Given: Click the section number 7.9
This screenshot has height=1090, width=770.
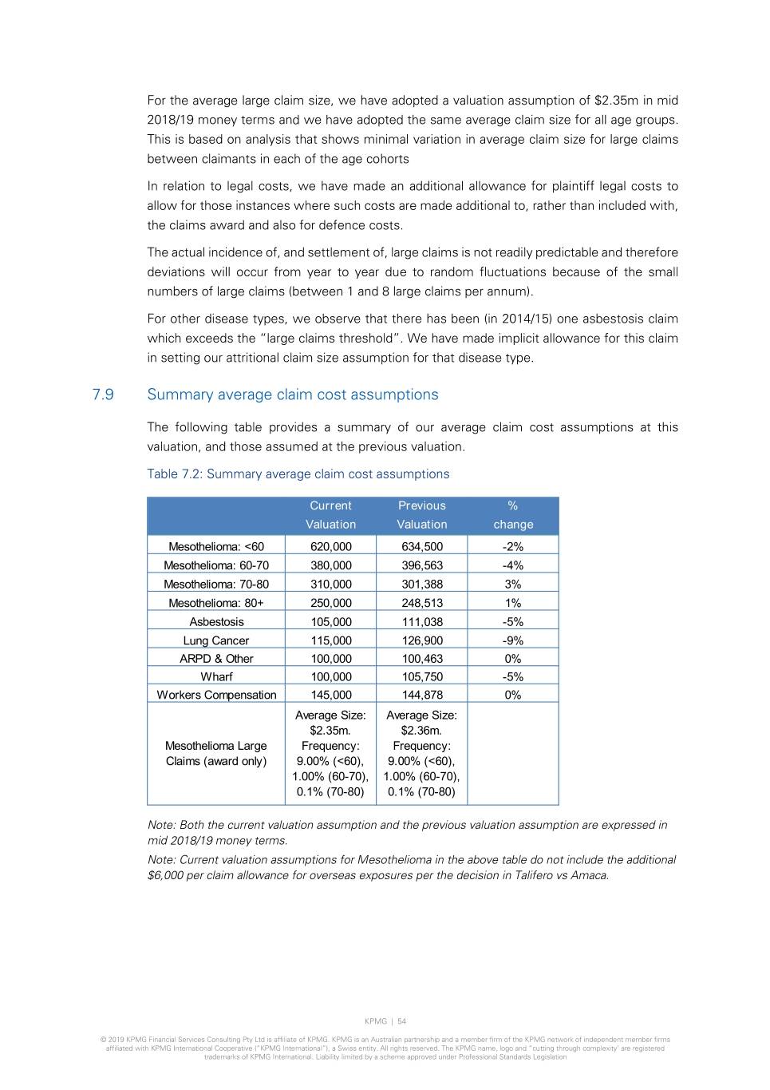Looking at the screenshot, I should (x=103, y=394).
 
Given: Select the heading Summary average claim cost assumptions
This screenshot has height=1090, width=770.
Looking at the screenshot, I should (x=292, y=394).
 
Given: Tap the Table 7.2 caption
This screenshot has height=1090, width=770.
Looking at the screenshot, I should (x=298, y=474).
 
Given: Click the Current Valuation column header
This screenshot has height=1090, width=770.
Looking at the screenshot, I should (x=330, y=515).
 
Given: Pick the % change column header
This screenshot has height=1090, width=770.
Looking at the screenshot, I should (x=512, y=515).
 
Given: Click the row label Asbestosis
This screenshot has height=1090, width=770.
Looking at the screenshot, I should (x=216, y=621).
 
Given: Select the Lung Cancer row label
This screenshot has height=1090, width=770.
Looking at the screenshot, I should (x=216, y=640).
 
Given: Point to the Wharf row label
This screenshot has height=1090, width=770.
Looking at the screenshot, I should (x=216, y=676).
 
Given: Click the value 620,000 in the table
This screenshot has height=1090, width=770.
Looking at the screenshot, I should (x=330, y=547).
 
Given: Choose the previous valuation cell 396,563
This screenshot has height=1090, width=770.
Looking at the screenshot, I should (x=421, y=565).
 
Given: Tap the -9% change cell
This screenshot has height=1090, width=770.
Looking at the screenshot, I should (x=512, y=640).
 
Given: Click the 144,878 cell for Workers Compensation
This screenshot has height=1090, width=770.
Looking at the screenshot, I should (x=421, y=695).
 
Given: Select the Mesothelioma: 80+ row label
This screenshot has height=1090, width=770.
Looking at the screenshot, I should (x=216, y=603).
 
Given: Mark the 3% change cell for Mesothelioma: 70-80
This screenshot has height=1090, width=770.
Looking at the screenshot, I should (x=512, y=584).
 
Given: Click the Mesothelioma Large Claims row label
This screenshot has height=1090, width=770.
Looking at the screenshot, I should (x=216, y=753).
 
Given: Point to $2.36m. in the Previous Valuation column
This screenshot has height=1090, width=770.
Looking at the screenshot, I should (x=421, y=731).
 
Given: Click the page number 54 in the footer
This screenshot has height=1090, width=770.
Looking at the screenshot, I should (x=402, y=1021).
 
